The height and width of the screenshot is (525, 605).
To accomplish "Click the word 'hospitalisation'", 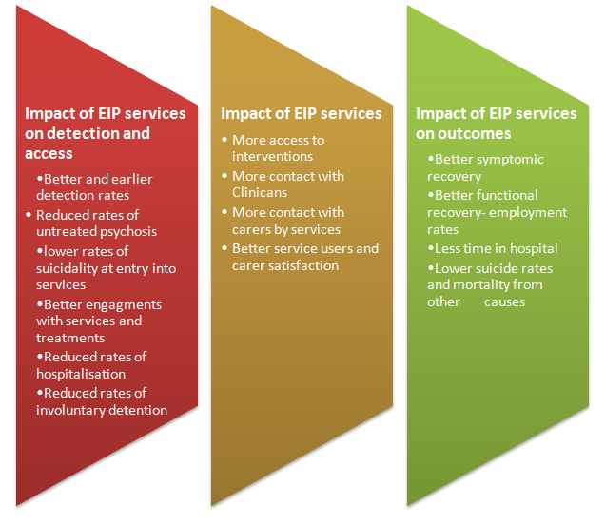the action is (81, 374).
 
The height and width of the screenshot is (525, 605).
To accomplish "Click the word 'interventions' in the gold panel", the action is (272, 156).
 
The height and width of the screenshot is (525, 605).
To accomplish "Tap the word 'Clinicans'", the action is (260, 192).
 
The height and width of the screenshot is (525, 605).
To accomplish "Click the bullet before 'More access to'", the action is (224, 140).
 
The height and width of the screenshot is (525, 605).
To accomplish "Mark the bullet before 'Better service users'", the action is (224, 248).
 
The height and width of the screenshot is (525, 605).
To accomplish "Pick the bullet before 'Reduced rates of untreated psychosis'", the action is (29, 215).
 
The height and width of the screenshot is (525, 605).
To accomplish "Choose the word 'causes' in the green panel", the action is (505, 302).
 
